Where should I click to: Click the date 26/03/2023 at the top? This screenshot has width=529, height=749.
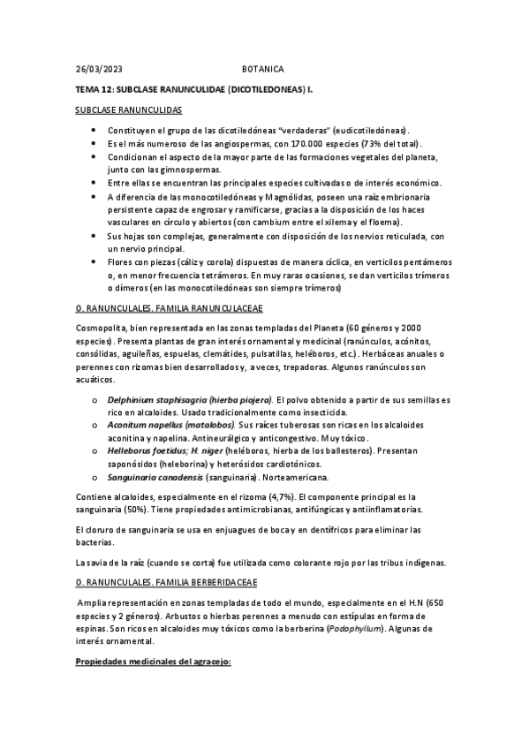click(99, 68)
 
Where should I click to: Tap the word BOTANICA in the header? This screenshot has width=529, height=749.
click(263, 68)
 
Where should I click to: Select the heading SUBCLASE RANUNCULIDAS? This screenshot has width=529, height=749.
click(127, 110)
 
